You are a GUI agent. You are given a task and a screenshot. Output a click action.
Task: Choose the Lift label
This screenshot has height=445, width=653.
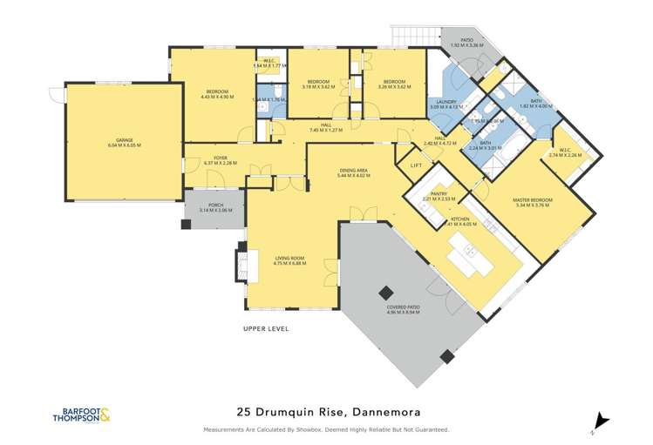(x=416, y=165)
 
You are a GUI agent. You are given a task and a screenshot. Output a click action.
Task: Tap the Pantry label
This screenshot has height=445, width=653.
(x=439, y=196)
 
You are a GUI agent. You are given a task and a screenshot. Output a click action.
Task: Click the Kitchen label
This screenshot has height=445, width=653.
(x=459, y=220)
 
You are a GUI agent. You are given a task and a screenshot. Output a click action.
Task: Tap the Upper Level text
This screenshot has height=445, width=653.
(x=266, y=328)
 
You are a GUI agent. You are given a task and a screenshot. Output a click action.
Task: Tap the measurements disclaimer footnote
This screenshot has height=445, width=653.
(x=326, y=429)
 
